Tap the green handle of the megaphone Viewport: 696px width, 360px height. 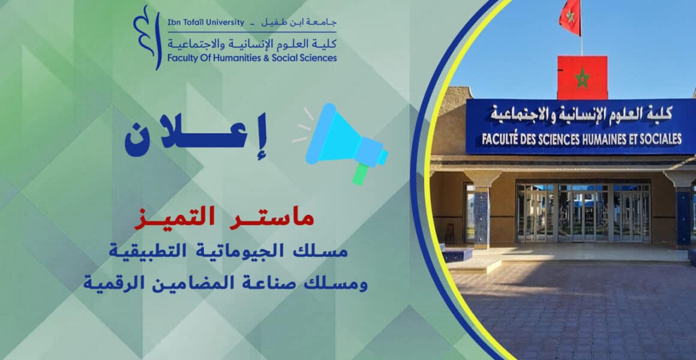(x=361, y=173)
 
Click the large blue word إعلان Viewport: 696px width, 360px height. (x=196, y=136)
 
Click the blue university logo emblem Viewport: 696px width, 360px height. (x=146, y=37)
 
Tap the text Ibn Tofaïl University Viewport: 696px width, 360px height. (x=206, y=22)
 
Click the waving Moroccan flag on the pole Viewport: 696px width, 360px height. (x=571, y=16)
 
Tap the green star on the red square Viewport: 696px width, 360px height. (x=582, y=79)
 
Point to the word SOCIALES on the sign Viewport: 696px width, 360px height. (x=660, y=139)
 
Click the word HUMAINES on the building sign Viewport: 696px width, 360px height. (x=605, y=139)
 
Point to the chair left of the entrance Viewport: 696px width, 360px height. (x=449, y=233)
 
